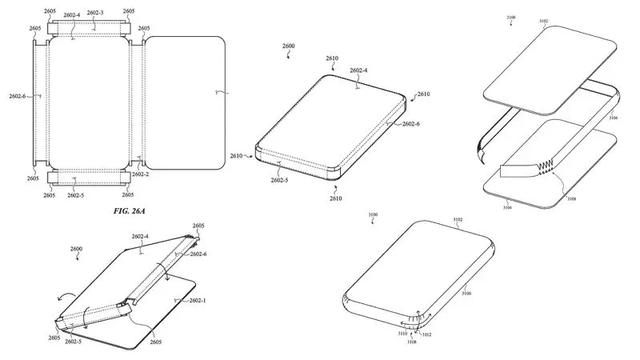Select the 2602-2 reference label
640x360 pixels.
140,174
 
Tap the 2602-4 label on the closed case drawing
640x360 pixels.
357,71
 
